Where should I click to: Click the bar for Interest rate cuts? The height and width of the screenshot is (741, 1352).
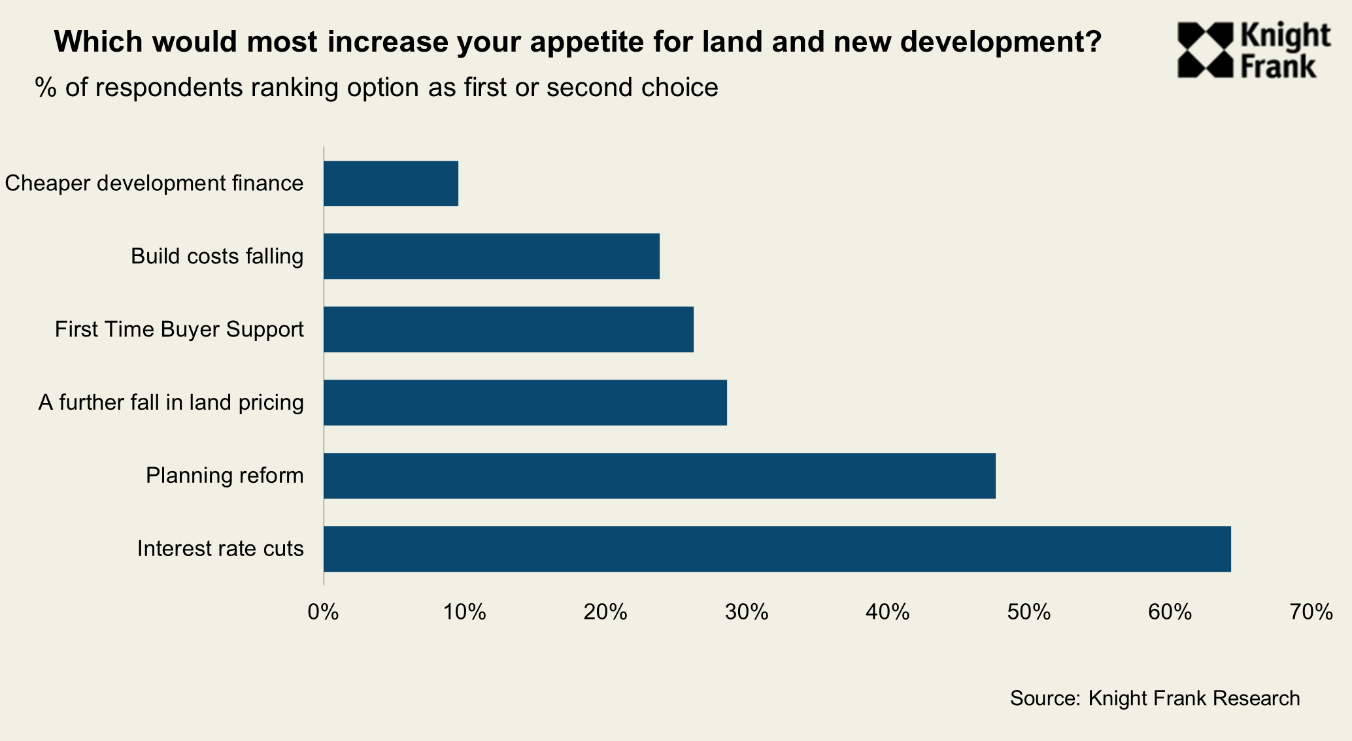click(x=777, y=549)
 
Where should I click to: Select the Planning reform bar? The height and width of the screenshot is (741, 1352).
click(x=659, y=476)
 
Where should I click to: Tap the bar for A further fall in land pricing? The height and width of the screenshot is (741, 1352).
click(x=525, y=403)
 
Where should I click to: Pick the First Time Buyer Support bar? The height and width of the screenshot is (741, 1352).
click(x=508, y=329)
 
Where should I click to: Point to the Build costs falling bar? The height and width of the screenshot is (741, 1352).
click(x=491, y=256)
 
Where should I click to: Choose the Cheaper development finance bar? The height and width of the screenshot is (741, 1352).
click(x=391, y=184)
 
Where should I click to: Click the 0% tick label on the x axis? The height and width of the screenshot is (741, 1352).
click(x=323, y=612)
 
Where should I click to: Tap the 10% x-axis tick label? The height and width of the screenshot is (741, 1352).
click(x=464, y=612)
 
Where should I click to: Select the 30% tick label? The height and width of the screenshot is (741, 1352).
click(x=747, y=612)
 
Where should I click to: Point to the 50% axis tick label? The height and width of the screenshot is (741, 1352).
click(x=1028, y=612)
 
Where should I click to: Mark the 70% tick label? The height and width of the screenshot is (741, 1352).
click(x=1311, y=612)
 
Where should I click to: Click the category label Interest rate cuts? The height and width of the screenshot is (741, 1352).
click(x=220, y=549)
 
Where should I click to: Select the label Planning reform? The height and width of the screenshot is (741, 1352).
click(x=224, y=476)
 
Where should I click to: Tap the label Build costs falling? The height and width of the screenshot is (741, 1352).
click(x=217, y=256)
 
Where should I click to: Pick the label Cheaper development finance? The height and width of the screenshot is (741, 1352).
click(x=154, y=184)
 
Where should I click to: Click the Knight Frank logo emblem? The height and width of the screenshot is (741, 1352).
click(x=1204, y=50)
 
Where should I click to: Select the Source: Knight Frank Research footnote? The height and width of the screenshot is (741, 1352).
click(x=1155, y=698)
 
